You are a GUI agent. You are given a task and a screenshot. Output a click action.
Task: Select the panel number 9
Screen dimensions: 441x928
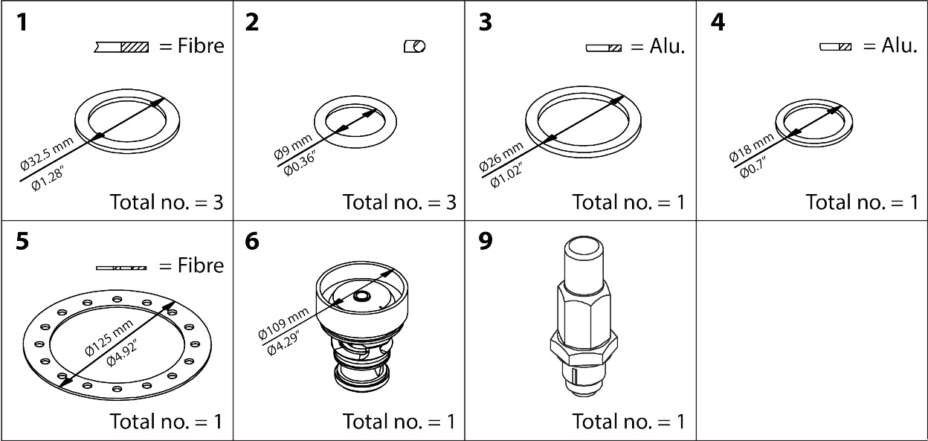(486, 242)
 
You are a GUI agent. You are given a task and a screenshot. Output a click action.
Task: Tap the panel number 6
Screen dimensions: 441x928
(253, 242)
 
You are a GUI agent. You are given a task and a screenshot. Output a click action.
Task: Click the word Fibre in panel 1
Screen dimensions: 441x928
(199, 46)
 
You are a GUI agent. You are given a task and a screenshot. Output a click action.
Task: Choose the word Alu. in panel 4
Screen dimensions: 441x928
(899, 46)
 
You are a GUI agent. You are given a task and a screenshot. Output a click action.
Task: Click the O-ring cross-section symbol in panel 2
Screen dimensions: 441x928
(414, 47)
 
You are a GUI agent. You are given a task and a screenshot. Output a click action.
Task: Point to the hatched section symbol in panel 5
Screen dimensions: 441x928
(121, 267)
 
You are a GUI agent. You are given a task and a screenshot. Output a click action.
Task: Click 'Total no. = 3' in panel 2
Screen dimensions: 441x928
(399, 202)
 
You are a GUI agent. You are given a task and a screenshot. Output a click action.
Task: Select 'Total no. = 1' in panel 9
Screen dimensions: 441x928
(628, 422)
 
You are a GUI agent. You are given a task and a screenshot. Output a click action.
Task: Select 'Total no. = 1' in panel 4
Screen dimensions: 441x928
(862, 202)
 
